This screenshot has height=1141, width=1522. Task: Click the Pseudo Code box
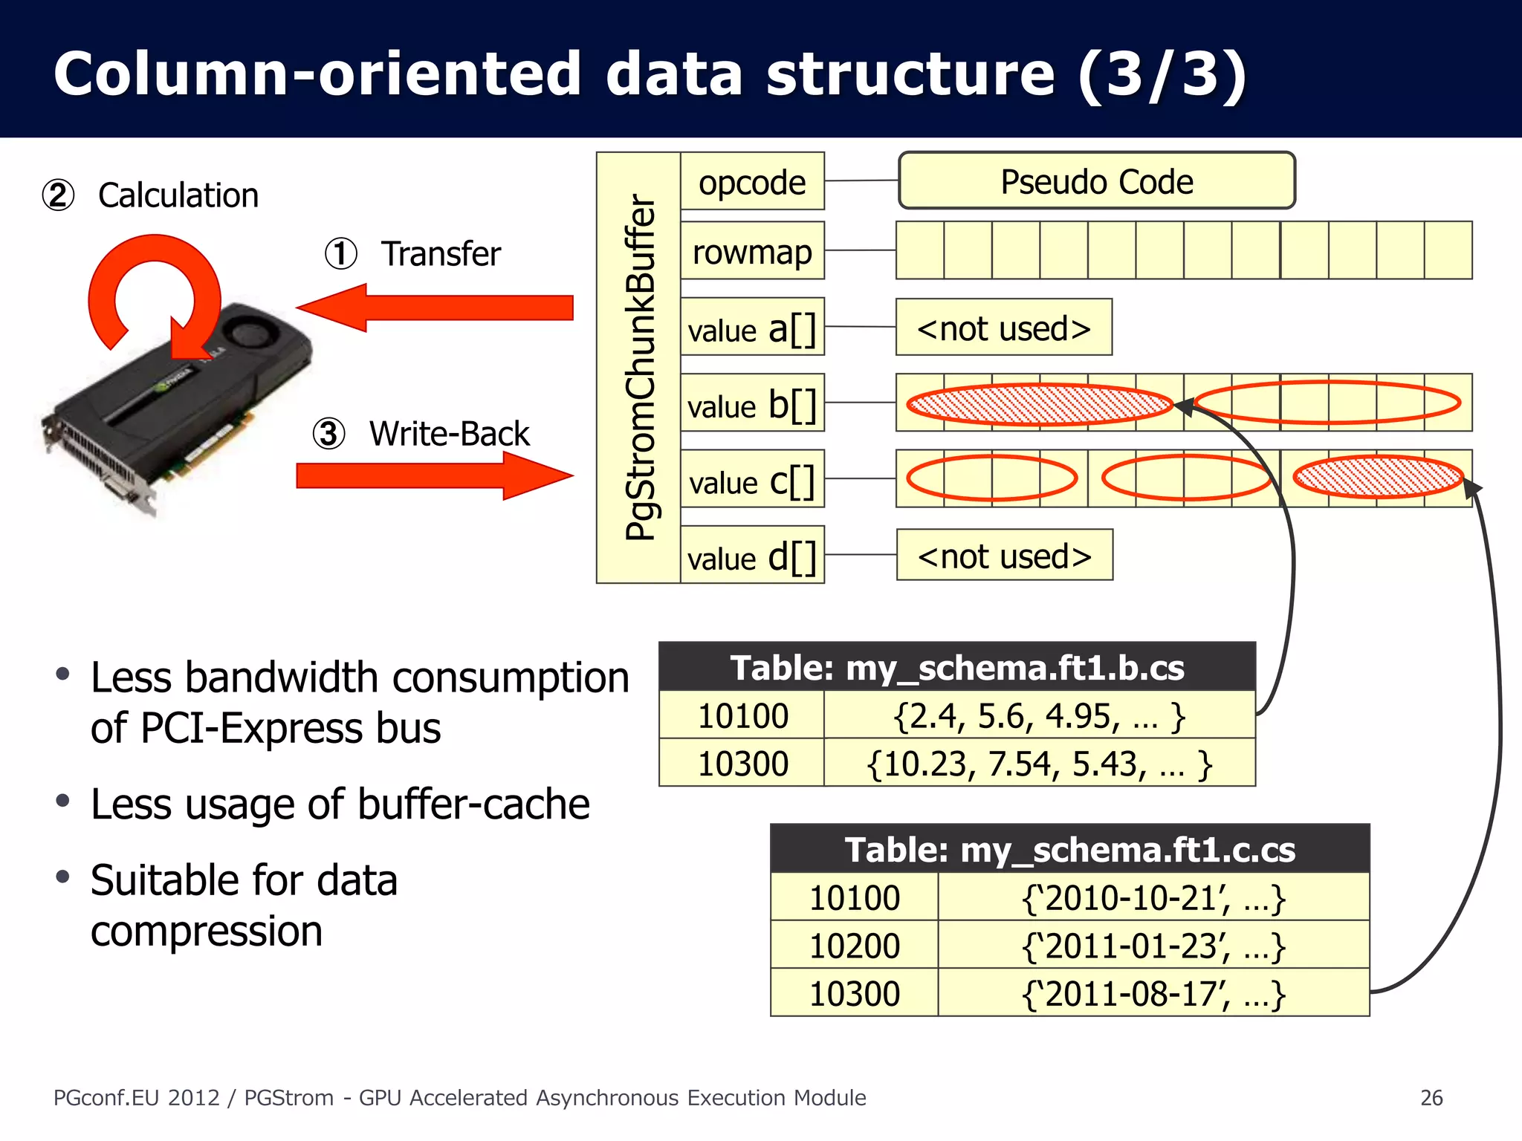(1096, 181)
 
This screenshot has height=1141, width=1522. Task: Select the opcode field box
(752, 182)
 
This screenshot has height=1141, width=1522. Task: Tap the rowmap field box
(752, 251)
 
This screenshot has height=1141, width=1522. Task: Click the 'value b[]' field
(752, 403)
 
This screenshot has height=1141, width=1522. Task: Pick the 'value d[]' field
(752, 556)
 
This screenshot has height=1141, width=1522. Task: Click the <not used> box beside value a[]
(1003, 328)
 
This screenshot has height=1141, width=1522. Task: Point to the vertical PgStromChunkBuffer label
(640, 368)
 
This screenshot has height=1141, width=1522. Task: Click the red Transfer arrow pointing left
(435, 308)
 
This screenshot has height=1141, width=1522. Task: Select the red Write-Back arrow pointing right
(435, 475)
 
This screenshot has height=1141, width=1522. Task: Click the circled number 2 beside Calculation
(58, 195)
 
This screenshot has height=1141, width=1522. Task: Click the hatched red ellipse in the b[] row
(1039, 404)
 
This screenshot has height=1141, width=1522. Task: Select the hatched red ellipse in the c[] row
(1378, 477)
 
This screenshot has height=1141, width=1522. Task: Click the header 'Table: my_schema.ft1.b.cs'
(957, 667)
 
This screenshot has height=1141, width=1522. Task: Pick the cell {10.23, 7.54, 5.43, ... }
(1039, 763)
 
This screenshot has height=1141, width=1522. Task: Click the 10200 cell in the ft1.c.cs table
(854, 946)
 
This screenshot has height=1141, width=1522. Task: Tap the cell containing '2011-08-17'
(1153, 993)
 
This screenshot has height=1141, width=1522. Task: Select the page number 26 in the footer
(1431, 1097)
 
